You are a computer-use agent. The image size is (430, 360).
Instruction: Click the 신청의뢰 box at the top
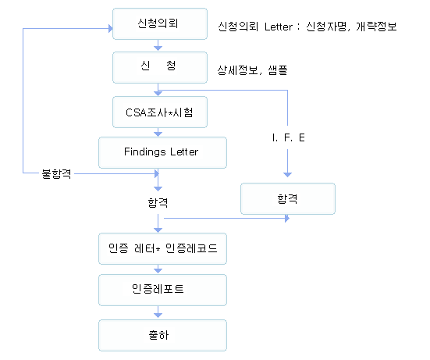coord(160,24)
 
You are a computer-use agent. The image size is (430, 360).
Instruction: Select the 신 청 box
coord(160,67)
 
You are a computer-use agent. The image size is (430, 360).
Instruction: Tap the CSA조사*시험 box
coord(160,112)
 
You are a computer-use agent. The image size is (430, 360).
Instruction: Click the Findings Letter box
coord(162,152)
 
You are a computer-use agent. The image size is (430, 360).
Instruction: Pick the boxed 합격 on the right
coord(288,198)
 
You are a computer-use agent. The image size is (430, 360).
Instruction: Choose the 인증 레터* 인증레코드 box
coord(162,249)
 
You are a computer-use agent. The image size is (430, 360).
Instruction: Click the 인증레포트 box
coord(162,290)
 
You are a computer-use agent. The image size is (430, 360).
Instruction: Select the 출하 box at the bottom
coord(162,335)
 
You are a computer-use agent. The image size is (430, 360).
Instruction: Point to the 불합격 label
coord(56,174)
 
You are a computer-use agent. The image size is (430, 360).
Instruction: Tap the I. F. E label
coord(288,137)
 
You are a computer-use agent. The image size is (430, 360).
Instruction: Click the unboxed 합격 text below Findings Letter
coord(158,203)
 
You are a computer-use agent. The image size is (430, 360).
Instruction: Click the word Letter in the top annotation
coord(279,27)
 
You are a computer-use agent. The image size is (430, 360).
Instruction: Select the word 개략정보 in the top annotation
coord(376,27)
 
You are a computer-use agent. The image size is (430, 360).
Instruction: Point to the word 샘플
coord(278,70)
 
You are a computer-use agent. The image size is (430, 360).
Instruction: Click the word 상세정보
coord(237,70)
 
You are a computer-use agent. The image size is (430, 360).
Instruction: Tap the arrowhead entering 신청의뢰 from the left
coord(111,28)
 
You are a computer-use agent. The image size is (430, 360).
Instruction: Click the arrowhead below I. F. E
coord(287,175)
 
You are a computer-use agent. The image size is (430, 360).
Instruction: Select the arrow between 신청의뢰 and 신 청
coord(158,45)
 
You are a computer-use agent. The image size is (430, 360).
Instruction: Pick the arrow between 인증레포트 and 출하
coord(158,312)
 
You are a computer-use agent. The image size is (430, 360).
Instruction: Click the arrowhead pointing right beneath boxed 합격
coord(287,219)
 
